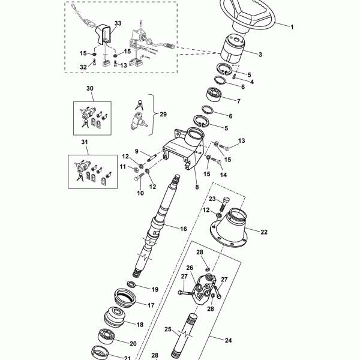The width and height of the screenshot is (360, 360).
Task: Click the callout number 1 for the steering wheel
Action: (x=292, y=27)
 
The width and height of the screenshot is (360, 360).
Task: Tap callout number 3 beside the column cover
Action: (x=260, y=55)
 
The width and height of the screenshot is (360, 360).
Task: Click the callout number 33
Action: (x=118, y=23)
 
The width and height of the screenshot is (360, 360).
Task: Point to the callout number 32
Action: (x=83, y=67)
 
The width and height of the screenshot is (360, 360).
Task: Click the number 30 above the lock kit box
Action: (x=90, y=88)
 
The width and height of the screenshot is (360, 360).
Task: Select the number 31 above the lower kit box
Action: (x=85, y=142)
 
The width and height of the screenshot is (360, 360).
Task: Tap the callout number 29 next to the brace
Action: (x=163, y=114)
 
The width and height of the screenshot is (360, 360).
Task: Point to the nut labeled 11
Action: (x=136, y=170)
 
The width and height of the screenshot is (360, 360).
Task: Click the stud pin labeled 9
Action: (x=152, y=158)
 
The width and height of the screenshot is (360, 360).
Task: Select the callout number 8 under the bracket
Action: (x=197, y=187)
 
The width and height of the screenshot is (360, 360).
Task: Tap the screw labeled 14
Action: (x=216, y=161)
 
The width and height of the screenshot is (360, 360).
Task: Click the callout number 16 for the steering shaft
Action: (x=184, y=229)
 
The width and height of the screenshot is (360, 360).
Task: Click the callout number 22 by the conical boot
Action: (x=264, y=232)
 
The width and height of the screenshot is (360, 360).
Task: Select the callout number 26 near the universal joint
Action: (x=190, y=268)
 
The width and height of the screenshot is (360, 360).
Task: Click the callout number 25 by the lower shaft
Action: (x=168, y=329)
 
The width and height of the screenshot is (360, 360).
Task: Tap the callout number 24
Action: (x=228, y=340)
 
